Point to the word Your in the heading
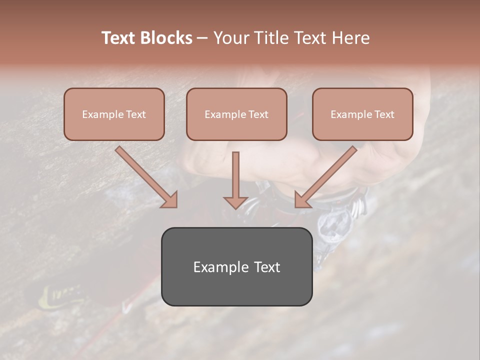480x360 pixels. click(x=231, y=38)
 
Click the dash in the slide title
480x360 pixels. click(x=203, y=38)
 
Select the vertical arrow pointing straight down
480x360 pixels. click(x=235, y=175)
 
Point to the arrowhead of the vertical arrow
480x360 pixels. click(x=235, y=202)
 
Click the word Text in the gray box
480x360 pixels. click(x=267, y=267)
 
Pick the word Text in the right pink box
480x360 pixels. click(x=384, y=114)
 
